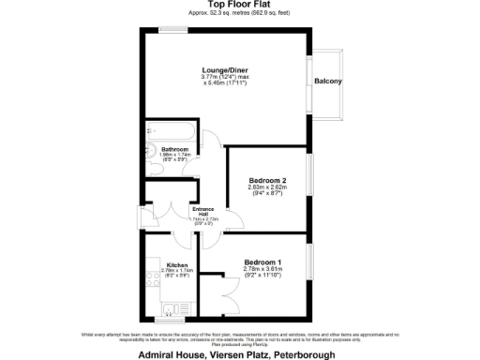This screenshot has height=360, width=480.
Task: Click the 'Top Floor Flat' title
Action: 239,6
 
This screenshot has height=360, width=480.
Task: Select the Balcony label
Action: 328,81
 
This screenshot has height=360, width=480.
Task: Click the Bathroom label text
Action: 176,150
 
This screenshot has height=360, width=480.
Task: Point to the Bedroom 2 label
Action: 267,180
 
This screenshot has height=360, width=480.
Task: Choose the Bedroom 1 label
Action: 263,262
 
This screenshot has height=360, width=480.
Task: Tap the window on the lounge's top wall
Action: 172,30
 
